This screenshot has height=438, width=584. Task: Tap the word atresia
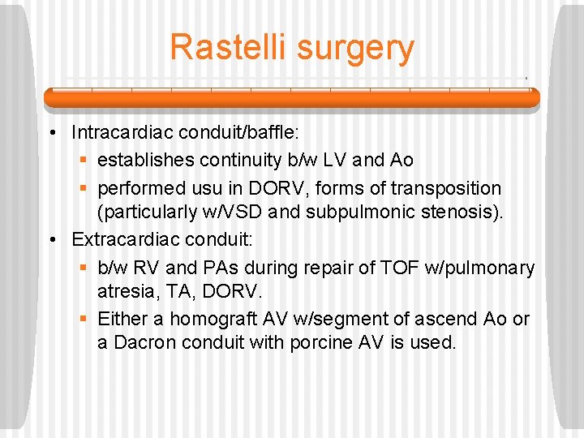point(123,293)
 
